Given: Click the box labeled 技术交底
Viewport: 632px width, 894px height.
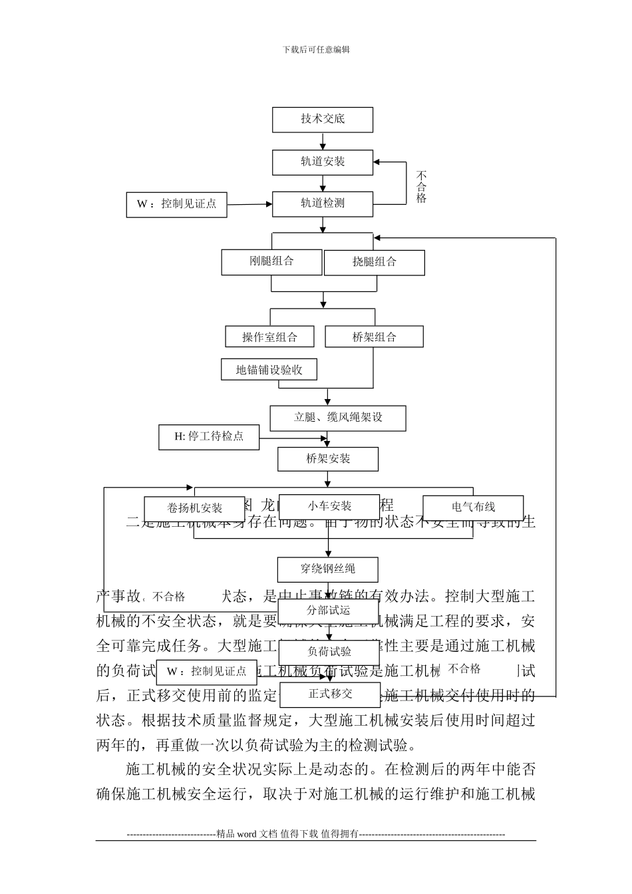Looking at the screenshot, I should tap(323, 120).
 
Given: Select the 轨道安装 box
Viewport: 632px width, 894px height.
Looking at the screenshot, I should tap(323, 162).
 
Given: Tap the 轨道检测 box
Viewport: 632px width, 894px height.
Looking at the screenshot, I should tap(323, 204).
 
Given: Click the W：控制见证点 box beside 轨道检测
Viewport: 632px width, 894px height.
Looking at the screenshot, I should tap(176, 204).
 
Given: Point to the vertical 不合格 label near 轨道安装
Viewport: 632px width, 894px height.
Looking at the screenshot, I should tap(421, 187).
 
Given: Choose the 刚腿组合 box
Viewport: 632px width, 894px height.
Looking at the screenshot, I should tap(271, 261).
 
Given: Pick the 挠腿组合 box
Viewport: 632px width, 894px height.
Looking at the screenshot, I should tap(374, 263).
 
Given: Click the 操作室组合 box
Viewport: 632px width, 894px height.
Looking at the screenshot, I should tap(269, 337).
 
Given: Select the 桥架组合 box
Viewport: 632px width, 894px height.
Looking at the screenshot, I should tap(374, 337).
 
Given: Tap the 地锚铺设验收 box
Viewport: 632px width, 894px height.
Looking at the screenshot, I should tap(269, 370).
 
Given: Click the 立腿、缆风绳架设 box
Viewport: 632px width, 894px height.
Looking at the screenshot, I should tap(338, 418).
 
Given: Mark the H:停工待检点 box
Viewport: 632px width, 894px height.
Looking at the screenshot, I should tap(209, 437).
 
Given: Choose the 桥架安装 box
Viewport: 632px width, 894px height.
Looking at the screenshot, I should tap(328, 459).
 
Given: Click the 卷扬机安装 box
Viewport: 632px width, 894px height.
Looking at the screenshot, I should tap(195, 509).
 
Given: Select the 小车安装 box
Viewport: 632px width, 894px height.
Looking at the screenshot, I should tap(329, 507).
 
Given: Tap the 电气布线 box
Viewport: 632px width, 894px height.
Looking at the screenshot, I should tap(473, 508).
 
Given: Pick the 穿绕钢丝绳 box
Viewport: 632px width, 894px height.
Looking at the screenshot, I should tap(328, 569).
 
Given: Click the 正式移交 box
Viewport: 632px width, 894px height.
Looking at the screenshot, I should tap(331, 694).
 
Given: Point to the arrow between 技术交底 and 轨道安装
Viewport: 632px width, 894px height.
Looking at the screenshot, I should tap(323, 142).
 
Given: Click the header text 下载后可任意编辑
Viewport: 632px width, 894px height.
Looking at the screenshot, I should tap(316, 49).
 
